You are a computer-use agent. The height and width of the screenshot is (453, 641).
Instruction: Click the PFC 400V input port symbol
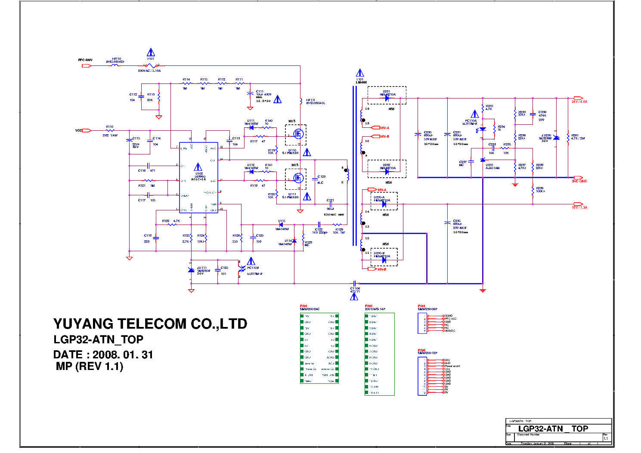coord(86,66)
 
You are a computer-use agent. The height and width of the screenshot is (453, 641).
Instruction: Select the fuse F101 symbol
coord(150,66)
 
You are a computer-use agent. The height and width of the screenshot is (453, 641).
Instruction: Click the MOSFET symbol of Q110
coord(297,134)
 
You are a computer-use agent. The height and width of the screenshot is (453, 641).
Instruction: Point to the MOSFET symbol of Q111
coord(297,178)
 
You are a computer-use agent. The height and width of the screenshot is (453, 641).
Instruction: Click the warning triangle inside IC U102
coord(198,167)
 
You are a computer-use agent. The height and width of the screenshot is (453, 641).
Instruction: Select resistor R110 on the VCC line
coord(110,130)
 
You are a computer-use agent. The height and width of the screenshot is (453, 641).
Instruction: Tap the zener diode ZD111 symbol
coord(191,270)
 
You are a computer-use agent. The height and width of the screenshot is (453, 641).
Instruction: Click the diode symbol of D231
coord(387,99)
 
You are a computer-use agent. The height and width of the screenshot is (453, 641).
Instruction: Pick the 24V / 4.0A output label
coord(579,102)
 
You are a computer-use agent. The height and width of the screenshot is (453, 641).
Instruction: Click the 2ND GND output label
coord(579,181)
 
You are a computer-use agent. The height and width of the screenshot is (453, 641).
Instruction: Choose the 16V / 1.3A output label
coord(579,207)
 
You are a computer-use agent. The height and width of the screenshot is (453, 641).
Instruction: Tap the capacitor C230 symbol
coord(417,135)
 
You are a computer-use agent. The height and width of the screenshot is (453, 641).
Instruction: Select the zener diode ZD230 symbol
coord(556,138)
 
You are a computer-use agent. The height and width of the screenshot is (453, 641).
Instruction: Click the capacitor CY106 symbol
coord(355,284)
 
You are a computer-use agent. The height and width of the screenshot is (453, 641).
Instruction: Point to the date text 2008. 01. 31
coord(123,355)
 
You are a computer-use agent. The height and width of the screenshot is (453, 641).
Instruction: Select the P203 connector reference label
coord(368,306)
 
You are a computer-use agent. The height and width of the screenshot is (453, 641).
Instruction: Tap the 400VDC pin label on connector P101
coord(450,331)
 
